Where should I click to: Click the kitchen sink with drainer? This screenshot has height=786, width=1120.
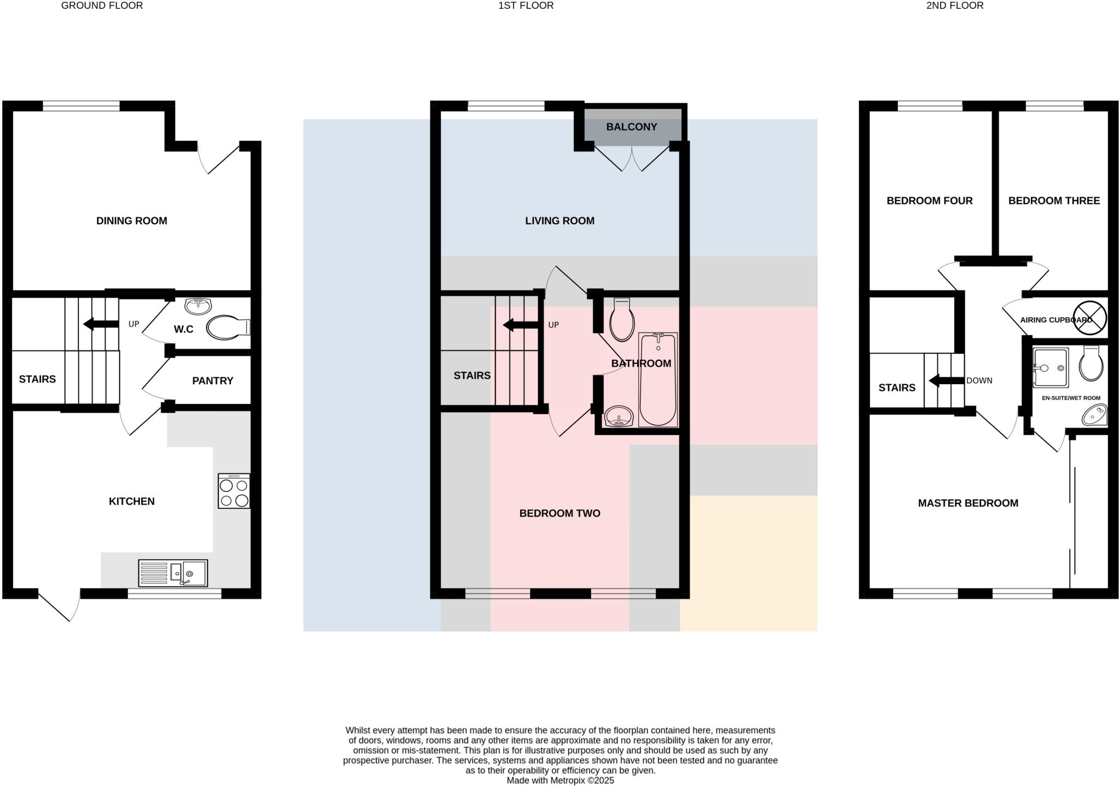[x=173, y=573]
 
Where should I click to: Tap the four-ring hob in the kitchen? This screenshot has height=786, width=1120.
[x=234, y=491]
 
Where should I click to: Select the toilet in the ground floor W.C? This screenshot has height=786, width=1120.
[x=227, y=327]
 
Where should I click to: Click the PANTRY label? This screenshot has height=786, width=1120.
[x=213, y=381]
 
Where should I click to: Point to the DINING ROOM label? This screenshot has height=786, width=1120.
[x=132, y=221]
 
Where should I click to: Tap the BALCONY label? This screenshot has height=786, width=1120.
[x=631, y=127]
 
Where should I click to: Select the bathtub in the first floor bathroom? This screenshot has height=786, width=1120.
[x=658, y=380]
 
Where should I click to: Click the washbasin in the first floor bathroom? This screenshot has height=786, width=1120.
[x=619, y=417]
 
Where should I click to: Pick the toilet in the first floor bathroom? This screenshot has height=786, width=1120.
[x=622, y=321]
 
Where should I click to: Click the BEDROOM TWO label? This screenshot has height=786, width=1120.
[x=559, y=513]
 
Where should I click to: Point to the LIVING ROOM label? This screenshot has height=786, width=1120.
[x=559, y=221]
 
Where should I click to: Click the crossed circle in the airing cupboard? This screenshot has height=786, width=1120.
[x=1089, y=318]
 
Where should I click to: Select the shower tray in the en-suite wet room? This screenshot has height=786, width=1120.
[x=1051, y=367]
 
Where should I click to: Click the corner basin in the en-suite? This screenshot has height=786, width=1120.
[x=1094, y=415]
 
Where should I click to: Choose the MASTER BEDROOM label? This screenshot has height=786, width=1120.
[x=968, y=503]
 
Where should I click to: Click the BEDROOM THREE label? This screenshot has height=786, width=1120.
[x=1054, y=201]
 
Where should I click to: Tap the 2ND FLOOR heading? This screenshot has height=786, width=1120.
[x=954, y=5]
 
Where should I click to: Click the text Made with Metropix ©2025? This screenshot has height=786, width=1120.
[x=560, y=781]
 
